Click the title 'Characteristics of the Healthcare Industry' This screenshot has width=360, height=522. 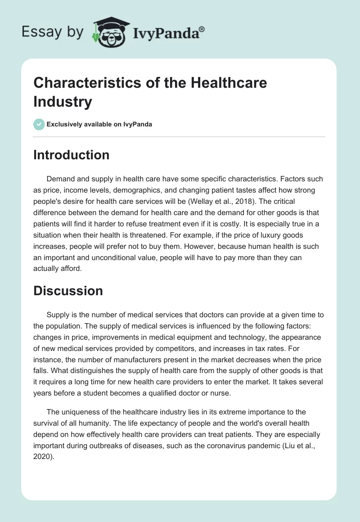[150, 92]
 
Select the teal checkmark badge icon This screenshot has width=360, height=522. [39, 124]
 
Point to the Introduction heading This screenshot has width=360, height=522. [72, 155]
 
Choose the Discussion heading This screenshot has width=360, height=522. [68, 291]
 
